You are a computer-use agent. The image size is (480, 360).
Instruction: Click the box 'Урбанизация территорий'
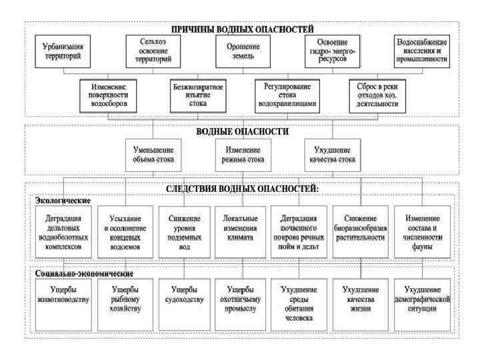[x=65, y=52]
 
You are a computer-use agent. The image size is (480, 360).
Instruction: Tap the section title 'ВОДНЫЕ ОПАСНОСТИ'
[x=242, y=131]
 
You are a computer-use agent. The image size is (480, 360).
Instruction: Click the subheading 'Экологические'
[x=63, y=200]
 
